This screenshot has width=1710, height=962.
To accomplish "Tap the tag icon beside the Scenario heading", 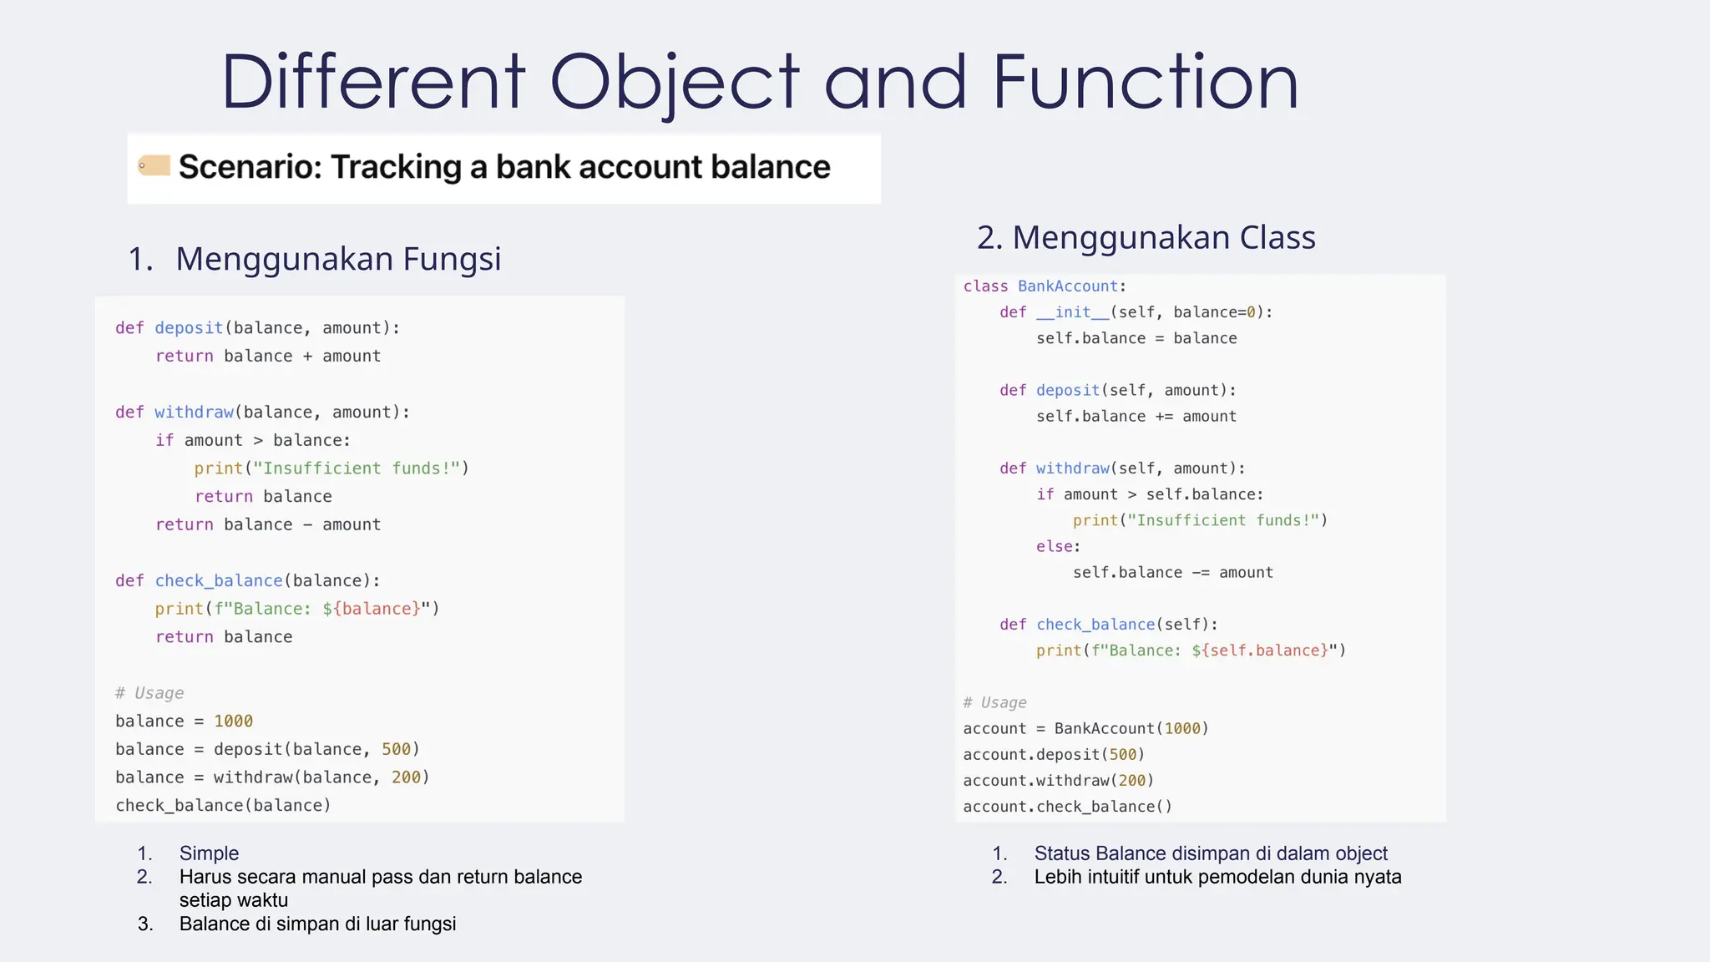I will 154,165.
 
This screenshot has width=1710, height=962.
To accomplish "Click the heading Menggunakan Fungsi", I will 337,259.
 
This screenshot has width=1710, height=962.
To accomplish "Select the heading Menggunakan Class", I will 1163,237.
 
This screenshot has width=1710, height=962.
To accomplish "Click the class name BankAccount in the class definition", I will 1067,286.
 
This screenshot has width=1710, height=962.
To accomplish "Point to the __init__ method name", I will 1072,312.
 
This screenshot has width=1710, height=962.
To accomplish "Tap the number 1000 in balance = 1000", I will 233,721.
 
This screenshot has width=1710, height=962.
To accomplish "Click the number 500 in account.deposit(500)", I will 1123,754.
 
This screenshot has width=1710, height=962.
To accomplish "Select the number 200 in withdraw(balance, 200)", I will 406,777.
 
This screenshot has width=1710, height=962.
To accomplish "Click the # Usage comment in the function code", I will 149,693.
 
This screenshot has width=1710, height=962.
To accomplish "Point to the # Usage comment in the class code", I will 994,702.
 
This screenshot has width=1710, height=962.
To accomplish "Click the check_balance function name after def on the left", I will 219,580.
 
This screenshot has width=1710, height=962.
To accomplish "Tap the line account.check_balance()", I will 1067,807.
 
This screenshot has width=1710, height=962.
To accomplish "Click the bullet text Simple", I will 209,853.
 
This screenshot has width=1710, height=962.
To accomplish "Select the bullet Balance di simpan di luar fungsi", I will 317,924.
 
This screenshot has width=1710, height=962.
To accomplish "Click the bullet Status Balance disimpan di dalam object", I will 1210,853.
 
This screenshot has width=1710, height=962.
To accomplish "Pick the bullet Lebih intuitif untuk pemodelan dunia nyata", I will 1217,877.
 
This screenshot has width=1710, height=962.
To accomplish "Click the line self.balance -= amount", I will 1172,573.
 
